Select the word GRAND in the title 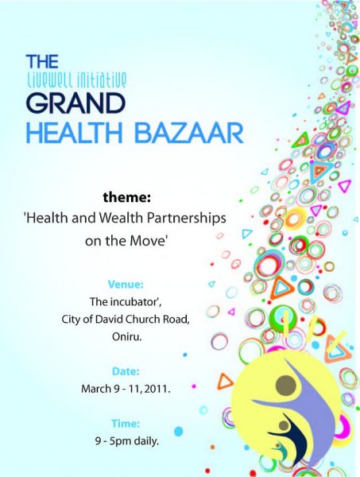pos(75,103)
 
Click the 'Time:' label pos(126,424)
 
